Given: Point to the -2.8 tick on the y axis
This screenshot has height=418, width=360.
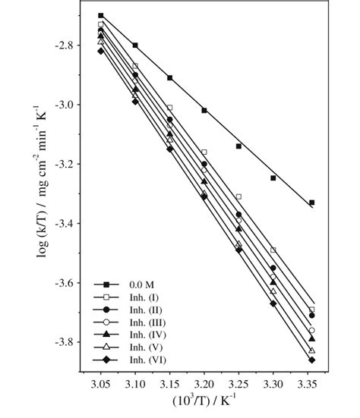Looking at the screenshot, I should click(x=63, y=46).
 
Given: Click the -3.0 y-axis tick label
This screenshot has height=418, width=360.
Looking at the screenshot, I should click(x=63, y=105).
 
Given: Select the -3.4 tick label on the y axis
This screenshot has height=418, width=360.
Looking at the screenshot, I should click(x=63, y=224).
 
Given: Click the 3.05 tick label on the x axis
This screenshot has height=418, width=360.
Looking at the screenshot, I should click(x=100, y=385).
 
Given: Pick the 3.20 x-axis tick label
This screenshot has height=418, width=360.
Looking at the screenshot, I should click(x=204, y=385).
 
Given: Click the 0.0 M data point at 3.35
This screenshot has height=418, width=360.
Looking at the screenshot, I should click(x=311, y=203).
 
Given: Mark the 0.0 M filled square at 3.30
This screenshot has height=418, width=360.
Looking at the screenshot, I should click(x=273, y=178).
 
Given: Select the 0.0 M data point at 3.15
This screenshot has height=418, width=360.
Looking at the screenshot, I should click(x=169, y=77).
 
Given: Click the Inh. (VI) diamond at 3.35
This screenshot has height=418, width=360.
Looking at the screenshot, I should click(x=311, y=360).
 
